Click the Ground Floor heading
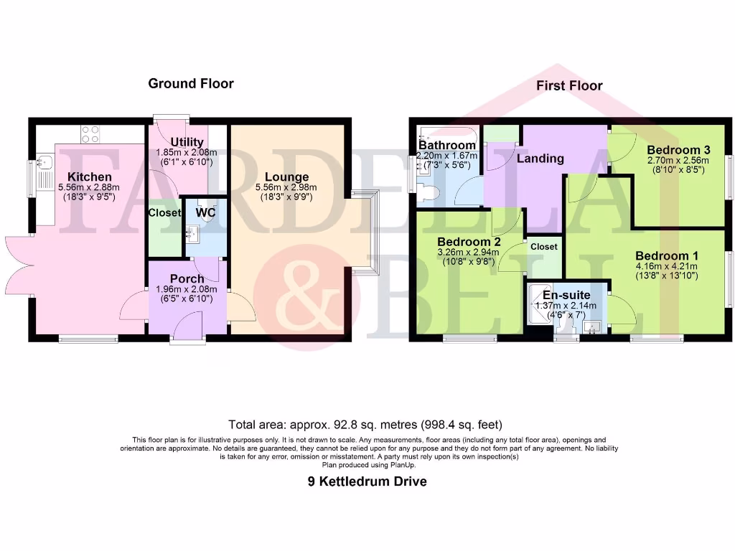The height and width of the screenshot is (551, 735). click(191, 83)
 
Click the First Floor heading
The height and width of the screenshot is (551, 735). click(569, 85)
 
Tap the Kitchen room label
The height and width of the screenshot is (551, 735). click(90, 176)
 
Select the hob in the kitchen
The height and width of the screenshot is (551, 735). click(90, 134)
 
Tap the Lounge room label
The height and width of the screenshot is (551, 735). click(286, 176)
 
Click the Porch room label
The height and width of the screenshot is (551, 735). click(187, 278)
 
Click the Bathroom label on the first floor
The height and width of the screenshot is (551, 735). click(447, 146)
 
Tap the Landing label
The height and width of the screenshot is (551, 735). click(540, 158)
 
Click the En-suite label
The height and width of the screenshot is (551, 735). click(566, 295)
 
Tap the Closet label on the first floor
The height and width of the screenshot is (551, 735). click(543, 246)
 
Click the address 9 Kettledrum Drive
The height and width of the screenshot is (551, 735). click(367, 481)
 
